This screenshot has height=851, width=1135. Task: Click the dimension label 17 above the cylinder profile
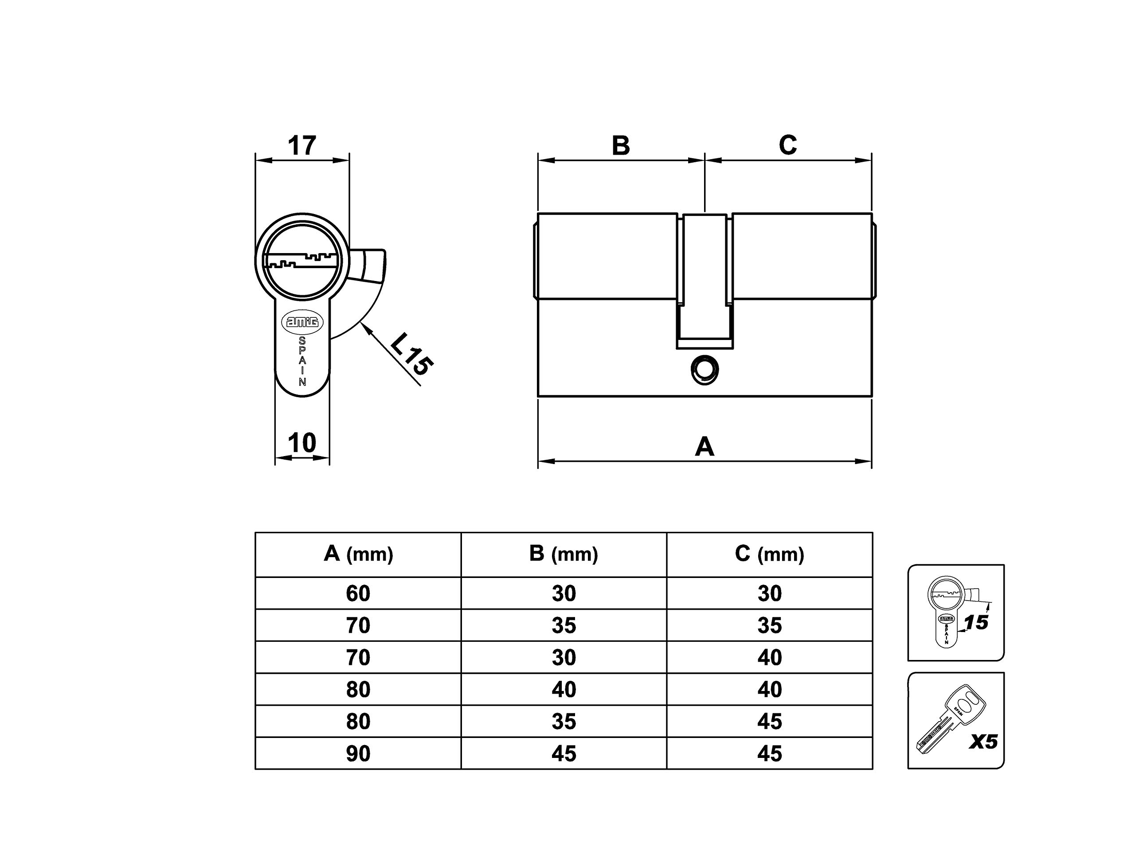click(x=302, y=146)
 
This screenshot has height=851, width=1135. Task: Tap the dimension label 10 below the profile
click(x=302, y=443)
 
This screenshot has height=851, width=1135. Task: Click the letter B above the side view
click(x=621, y=146)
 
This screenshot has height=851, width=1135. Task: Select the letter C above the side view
click(x=787, y=145)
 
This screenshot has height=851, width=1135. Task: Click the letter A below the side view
click(x=704, y=447)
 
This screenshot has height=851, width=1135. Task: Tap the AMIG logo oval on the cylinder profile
click(x=302, y=322)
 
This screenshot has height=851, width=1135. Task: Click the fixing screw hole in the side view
click(x=704, y=369)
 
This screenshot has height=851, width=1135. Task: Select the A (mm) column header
click(x=358, y=554)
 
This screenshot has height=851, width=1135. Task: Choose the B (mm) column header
click(x=564, y=554)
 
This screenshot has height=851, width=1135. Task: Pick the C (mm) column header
click(x=769, y=554)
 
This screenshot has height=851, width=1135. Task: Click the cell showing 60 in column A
click(x=358, y=593)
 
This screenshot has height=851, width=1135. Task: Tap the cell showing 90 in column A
click(x=358, y=753)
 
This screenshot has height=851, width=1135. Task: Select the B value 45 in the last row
click(x=564, y=753)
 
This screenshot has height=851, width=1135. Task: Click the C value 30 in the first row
click(x=770, y=593)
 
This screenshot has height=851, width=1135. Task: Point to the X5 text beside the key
click(x=983, y=742)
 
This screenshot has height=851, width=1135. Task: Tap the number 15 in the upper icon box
click(x=975, y=623)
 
